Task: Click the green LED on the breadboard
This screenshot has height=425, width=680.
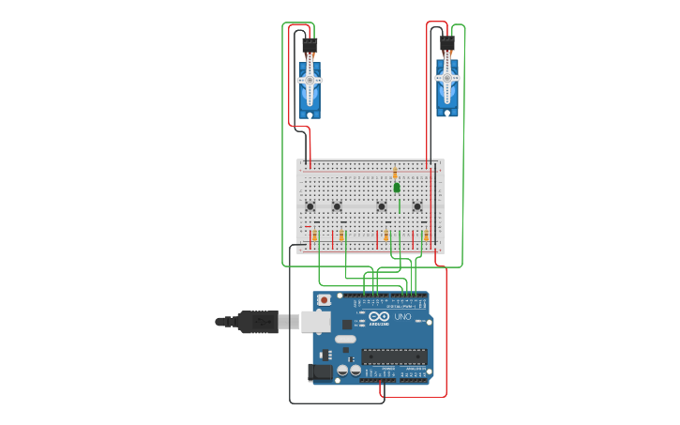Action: (x=397, y=188)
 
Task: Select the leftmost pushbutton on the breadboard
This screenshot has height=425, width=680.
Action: (x=310, y=206)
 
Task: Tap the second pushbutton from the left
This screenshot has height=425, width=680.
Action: (x=337, y=206)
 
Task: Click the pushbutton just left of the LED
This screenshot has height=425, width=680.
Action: (x=381, y=206)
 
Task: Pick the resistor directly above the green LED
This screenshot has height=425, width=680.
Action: (x=396, y=174)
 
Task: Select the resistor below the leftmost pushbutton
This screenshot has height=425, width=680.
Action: (x=314, y=235)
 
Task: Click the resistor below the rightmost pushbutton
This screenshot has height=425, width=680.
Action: (x=425, y=235)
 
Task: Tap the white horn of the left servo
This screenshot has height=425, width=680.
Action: (x=310, y=81)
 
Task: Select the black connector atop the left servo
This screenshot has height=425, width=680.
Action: (x=310, y=46)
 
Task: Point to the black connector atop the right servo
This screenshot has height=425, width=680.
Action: (x=447, y=43)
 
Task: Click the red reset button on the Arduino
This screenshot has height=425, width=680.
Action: (x=325, y=300)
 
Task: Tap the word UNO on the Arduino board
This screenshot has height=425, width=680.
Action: (x=402, y=318)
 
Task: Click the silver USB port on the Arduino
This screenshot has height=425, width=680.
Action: (x=316, y=321)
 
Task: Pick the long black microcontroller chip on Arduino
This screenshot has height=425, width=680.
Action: (x=394, y=356)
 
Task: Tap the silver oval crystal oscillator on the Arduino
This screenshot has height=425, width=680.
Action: (x=345, y=339)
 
